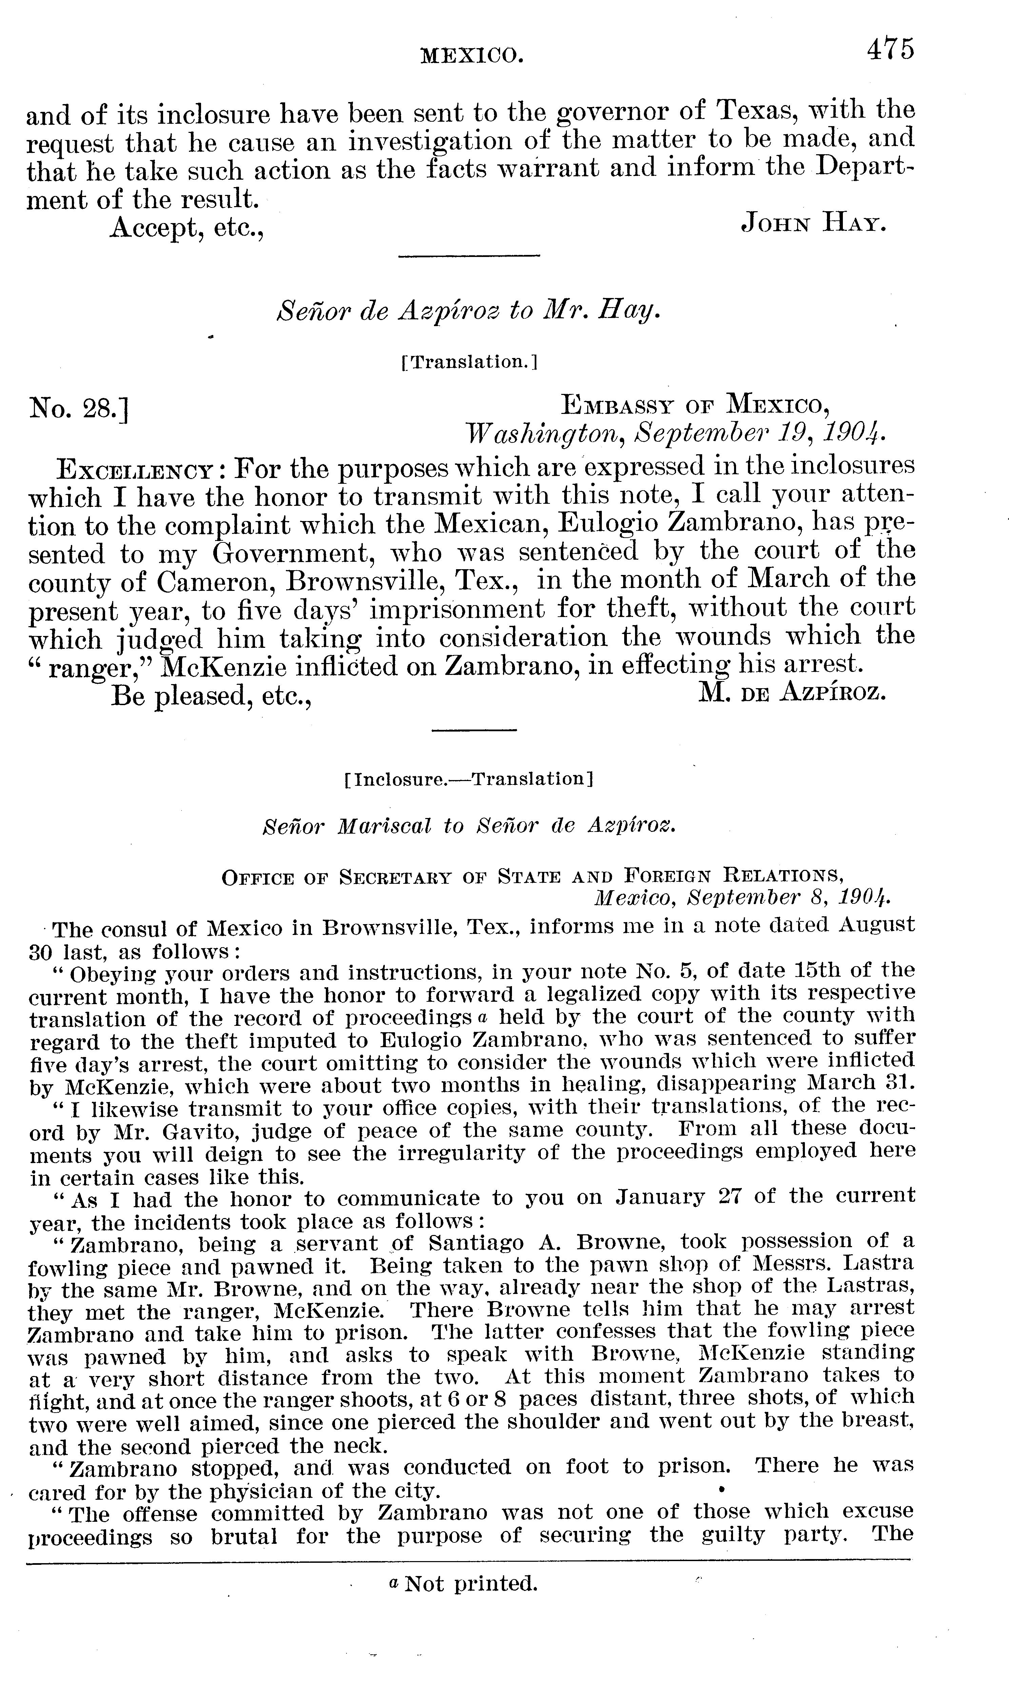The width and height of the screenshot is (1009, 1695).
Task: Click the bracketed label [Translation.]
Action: (470, 362)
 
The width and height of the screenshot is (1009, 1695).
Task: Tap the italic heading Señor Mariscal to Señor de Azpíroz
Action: (470, 826)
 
